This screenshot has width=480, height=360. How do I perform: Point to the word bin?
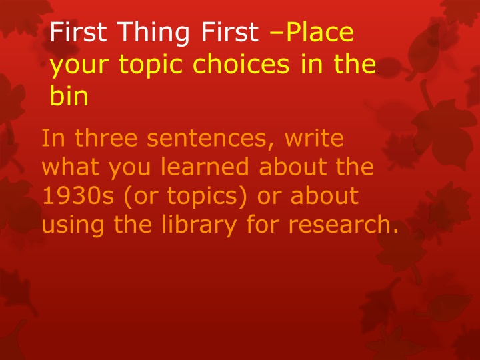pos(69,95)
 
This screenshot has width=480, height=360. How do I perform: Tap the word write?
pos(314,137)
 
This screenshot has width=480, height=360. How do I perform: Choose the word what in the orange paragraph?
pos(72,166)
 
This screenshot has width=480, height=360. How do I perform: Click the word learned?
pos(205,166)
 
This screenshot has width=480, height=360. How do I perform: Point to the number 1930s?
pos(78,195)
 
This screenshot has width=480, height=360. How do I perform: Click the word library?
pos(199,226)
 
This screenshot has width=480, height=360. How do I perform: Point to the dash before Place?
pos(277,32)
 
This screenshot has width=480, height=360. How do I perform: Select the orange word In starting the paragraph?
pos(53,137)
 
